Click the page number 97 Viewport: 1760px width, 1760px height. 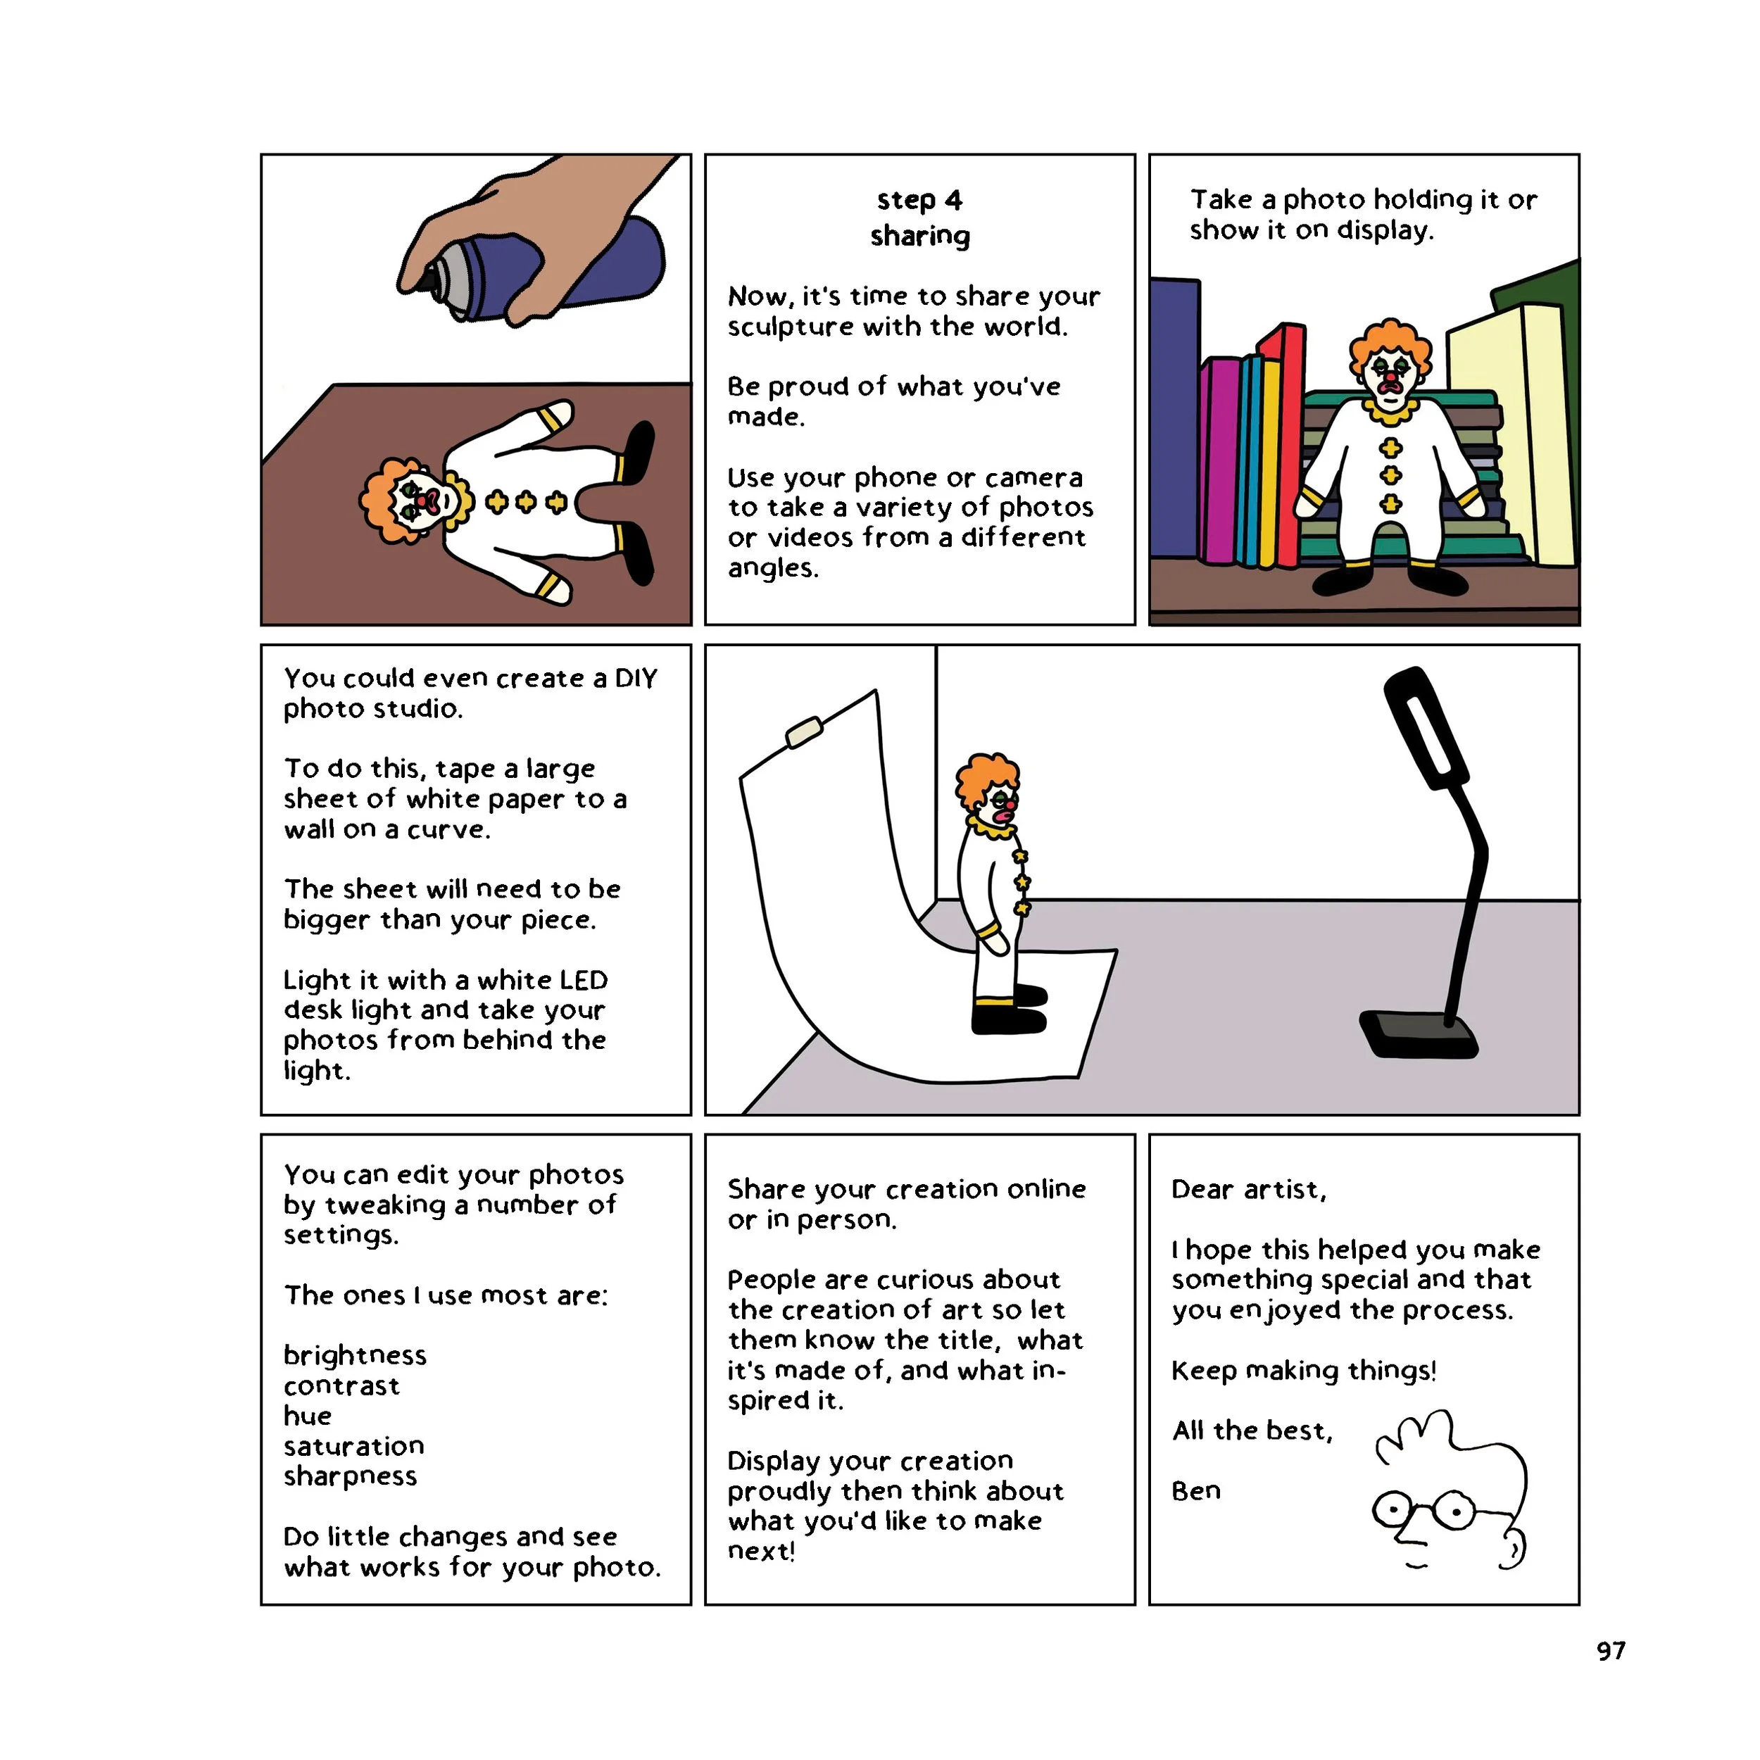click(1611, 1651)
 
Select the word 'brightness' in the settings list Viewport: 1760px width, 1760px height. click(354, 1355)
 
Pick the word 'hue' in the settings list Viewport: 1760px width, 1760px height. click(307, 1416)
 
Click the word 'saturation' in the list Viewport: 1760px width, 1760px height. click(353, 1446)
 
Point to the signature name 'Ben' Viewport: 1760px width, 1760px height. click(1195, 1490)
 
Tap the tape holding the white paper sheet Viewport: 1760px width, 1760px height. click(803, 732)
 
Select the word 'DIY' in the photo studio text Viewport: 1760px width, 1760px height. click(636, 679)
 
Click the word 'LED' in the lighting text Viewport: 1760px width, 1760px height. click(583, 980)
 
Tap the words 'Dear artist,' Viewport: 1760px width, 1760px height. click(1248, 1190)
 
